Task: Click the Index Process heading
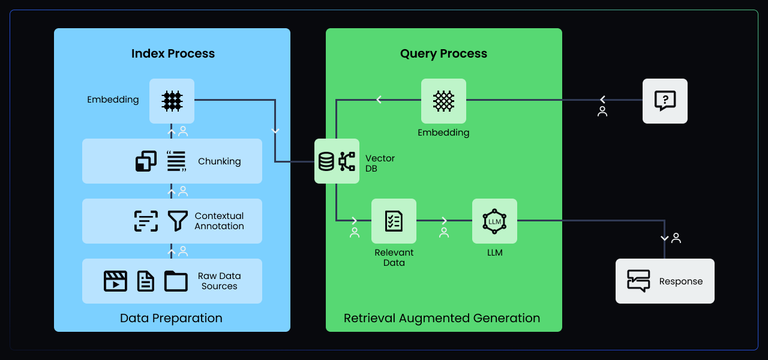pos(173,54)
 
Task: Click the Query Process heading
pos(443,54)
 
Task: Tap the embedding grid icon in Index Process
pos(172,101)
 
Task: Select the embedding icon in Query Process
pos(443,101)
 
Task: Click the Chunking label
pos(219,161)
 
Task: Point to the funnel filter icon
pos(178,221)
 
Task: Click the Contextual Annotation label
pos(219,221)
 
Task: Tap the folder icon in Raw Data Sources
pos(176,281)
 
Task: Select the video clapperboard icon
pos(115,281)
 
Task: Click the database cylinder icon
pos(326,161)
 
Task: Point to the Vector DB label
pos(380,163)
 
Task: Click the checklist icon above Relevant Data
pos(394,221)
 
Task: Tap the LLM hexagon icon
pos(494,221)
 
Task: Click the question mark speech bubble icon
pos(665,101)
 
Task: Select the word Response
pos(680,281)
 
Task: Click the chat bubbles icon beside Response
pos(638,281)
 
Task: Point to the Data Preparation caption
pos(171,318)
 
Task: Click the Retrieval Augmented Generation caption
pos(442,318)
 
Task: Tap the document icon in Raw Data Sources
pos(146,281)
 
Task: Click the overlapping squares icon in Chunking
pos(146,161)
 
